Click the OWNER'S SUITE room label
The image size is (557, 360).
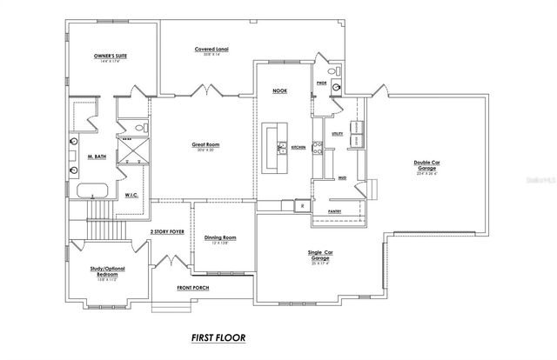[111, 56]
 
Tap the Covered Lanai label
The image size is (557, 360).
[212, 50]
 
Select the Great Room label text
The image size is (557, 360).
[206, 144]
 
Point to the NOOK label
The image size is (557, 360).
[279, 90]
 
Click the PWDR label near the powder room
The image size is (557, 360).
[321, 83]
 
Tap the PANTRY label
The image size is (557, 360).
[333, 210]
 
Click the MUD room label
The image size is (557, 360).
[343, 177]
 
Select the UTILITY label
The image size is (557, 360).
[338, 134]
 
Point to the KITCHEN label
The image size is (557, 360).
[298, 148]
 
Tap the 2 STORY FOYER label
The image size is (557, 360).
[167, 232]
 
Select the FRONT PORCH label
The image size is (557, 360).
[195, 288]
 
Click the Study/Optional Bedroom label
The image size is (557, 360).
[107, 273]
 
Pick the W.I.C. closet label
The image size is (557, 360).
[133, 195]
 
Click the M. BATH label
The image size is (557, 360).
[96, 157]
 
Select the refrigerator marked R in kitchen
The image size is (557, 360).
[302, 206]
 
